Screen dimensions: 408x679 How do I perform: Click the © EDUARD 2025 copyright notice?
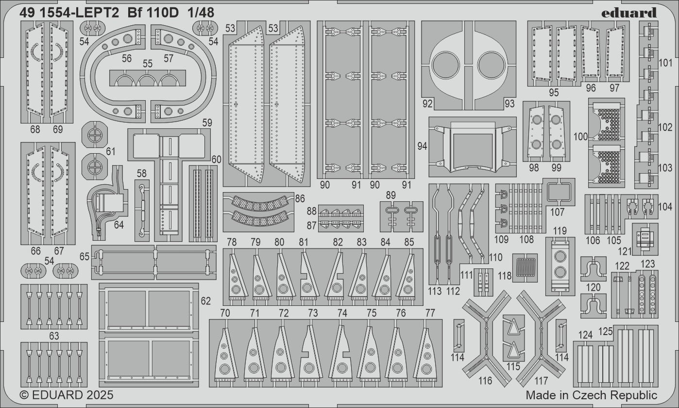point(67,394)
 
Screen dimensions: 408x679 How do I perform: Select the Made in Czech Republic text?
point(591,394)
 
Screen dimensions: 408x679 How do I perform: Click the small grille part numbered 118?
point(525,267)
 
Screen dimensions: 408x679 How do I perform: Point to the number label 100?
point(580,137)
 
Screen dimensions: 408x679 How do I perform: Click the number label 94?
point(422,145)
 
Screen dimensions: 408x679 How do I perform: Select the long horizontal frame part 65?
point(154,262)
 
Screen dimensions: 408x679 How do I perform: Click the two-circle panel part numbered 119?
point(560,266)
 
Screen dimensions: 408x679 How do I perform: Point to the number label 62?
point(205,301)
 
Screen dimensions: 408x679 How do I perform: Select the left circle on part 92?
point(446,65)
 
